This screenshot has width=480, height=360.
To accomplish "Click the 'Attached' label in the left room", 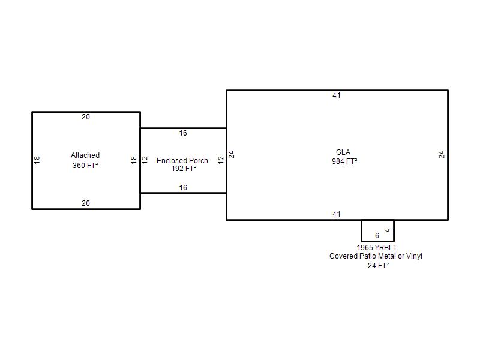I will point(85,155).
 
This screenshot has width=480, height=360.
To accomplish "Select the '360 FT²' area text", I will point(85,165).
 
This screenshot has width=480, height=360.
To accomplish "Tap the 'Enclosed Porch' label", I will point(182,160).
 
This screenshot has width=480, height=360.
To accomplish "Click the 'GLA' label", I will point(343,152).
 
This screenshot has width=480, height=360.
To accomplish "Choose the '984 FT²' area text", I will point(344,161).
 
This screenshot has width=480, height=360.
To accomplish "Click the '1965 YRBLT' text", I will point(377,247).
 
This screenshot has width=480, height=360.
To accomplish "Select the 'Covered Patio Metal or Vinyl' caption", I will point(376,256).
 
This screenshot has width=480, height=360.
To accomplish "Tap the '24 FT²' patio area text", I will point(378,265).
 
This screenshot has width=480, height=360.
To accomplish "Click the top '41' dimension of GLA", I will point(337,95).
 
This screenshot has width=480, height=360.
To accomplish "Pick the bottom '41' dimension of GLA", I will point(337,214).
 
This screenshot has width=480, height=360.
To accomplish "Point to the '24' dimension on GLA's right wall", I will point(442,154).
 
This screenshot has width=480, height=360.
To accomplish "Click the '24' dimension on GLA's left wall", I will point(232,154).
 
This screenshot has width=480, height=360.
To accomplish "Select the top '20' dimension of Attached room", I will point(86,117).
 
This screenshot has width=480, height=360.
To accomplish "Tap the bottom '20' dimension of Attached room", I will point(86,203).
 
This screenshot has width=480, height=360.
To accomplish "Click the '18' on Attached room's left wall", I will point(37,160).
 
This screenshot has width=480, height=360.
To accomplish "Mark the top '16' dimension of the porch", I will point(183,133).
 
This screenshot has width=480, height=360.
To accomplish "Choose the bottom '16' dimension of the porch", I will point(183,188).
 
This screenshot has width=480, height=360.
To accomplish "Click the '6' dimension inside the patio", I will point(377,236).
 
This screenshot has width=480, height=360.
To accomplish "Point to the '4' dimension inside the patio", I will point(388,230).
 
